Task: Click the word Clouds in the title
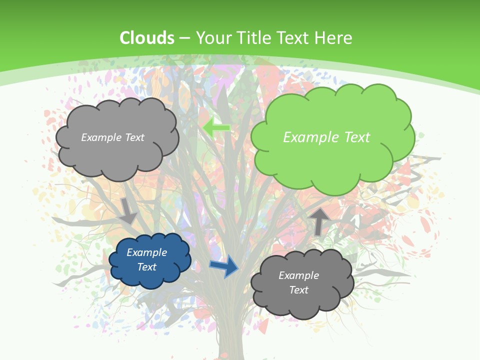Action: pyautogui.click(x=147, y=38)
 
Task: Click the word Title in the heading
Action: pyautogui.click(x=253, y=38)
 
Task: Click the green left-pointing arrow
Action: pyautogui.click(x=216, y=128)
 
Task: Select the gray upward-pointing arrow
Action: pyautogui.click(x=319, y=220)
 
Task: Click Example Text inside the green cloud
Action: pyautogui.click(x=326, y=137)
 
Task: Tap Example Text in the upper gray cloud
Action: pyautogui.click(x=112, y=137)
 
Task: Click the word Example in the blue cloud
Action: pyautogui.click(x=146, y=252)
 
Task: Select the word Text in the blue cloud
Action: pyautogui.click(x=146, y=267)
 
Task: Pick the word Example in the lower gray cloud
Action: pyautogui.click(x=298, y=275)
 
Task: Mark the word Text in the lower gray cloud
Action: pyautogui.click(x=298, y=290)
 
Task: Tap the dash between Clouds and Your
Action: pyautogui.click(x=184, y=38)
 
